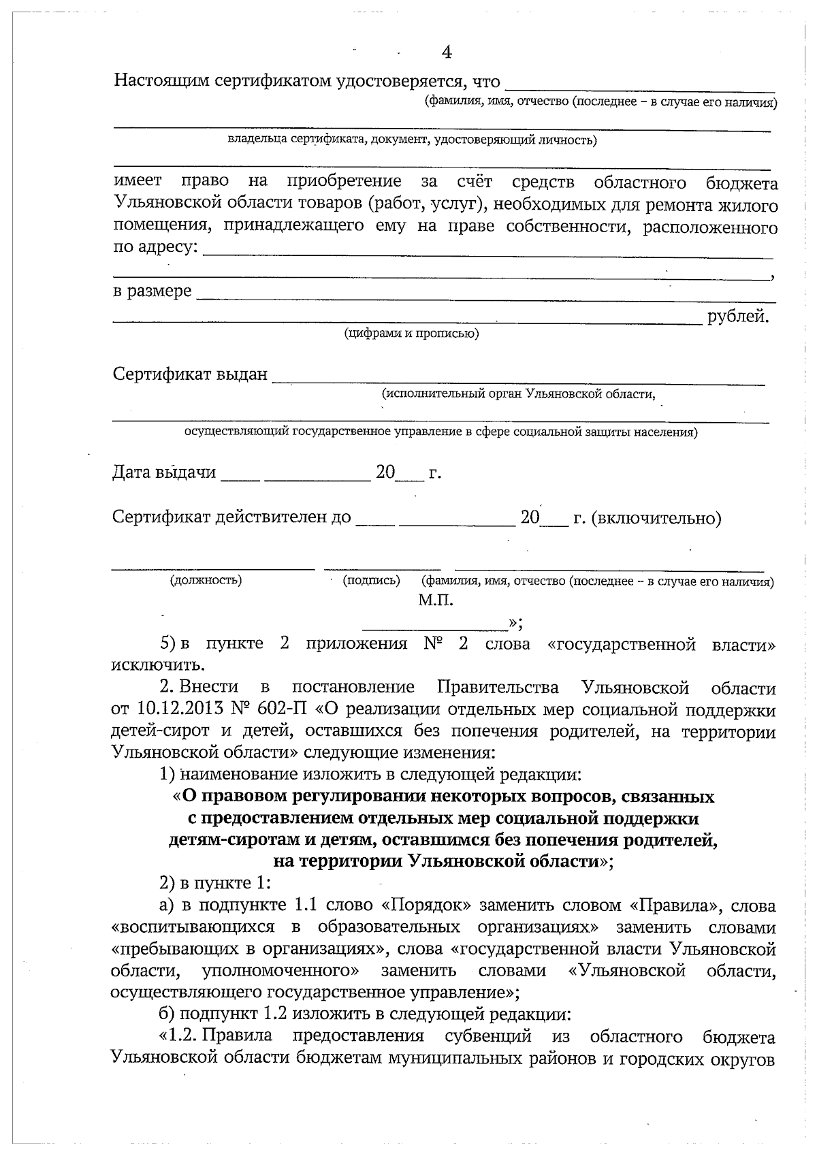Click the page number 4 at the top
[447, 53]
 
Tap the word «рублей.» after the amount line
[739, 317]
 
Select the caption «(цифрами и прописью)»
[411, 334]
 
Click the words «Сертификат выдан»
[190, 374]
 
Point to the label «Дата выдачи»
[164, 472]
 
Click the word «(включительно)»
[656, 519]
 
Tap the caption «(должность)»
[206, 580]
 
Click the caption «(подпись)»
[371, 580]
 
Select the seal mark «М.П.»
[436, 600]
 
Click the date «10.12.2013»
[180, 709]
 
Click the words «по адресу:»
[156, 247]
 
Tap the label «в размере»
[153, 291]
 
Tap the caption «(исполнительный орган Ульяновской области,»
[519, 394]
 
